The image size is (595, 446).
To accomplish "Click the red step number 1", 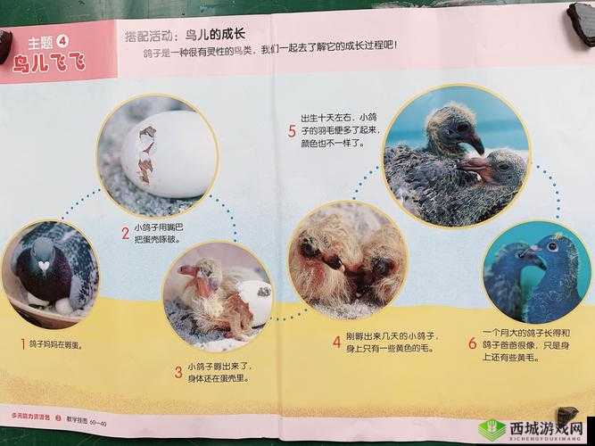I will [23, 343].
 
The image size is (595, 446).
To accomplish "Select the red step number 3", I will [178, 371].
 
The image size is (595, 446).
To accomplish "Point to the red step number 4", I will [336, 340].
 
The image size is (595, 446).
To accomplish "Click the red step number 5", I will [292, 132].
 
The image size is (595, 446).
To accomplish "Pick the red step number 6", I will [472, 343].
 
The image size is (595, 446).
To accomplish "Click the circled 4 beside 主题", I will [62, 41].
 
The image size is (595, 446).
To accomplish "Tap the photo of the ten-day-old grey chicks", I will [457, 153].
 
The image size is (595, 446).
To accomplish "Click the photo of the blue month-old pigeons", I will [535, 272].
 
